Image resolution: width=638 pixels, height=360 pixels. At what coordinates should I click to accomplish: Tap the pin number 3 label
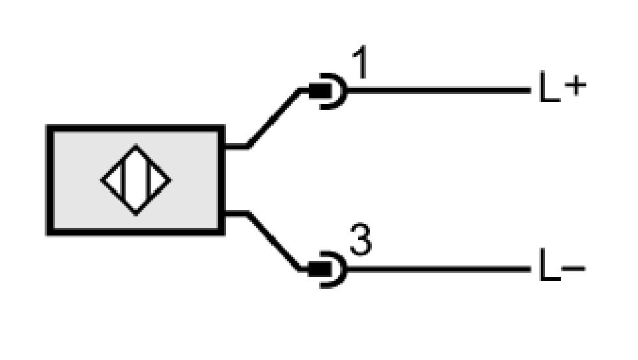pos(361,240)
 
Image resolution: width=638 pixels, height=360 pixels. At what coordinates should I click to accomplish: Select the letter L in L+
pos(549,86)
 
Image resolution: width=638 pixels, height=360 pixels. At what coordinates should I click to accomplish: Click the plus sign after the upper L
pos(575,86)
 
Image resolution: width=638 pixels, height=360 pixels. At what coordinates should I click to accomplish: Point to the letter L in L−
pos(549,265)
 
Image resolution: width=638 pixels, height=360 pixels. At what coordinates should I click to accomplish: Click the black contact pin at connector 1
pos(320,91)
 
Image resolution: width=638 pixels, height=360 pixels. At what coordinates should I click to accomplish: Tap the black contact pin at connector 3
pos(320,269)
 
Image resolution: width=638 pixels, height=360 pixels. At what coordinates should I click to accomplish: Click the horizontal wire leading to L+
pos(440,90)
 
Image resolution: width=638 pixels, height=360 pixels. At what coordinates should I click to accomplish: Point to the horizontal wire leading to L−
pos(440,269)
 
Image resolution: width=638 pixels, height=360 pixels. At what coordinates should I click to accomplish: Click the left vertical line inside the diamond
pos(123,179)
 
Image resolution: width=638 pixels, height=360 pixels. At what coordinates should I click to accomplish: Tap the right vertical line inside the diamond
pos(149,179)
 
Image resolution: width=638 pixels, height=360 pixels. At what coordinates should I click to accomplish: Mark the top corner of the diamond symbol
pos(136,145)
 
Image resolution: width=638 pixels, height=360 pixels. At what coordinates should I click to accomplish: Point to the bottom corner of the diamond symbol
pos(136,214)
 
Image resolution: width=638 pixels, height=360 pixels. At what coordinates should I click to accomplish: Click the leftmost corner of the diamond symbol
pos(101,180)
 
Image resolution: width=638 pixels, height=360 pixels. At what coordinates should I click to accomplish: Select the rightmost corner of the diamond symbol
pos(171,180)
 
